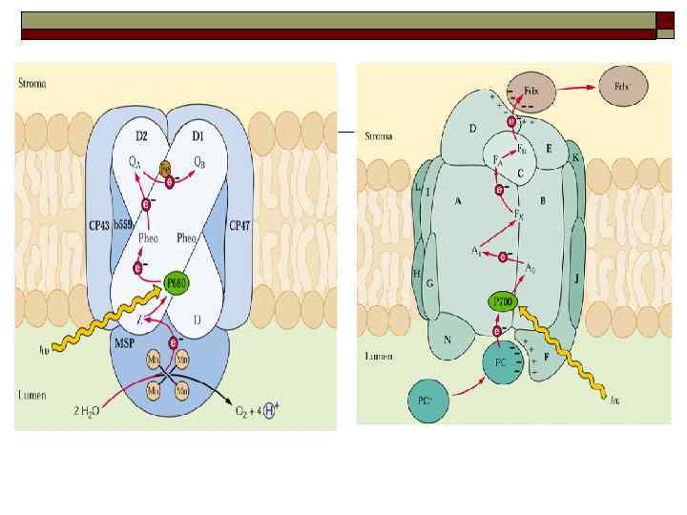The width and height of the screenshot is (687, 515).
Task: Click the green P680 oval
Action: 176,283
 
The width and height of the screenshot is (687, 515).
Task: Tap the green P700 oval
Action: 503,302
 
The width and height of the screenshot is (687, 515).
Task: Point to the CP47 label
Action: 239,225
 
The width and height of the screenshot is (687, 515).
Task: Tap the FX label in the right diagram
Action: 520,214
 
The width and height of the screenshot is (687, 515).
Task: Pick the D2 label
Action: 140,124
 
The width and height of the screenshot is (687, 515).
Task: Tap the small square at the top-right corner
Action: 665,20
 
